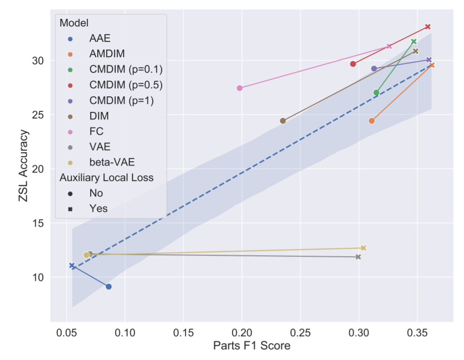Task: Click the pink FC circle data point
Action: point(240,88)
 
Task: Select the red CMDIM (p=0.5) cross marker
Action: point(428,27)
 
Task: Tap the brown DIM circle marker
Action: point(283,121)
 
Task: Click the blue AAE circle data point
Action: point(108,287)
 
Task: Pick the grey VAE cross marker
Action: point(358,257)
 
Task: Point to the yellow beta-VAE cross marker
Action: point(363,248)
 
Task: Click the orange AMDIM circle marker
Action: point(371,121)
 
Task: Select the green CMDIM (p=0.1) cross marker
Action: point(414,41)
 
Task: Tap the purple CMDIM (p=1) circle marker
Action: point(374,69)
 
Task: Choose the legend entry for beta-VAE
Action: point(112,162)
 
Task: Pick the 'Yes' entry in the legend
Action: point(98,208)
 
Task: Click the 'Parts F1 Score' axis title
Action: point(252,346)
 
